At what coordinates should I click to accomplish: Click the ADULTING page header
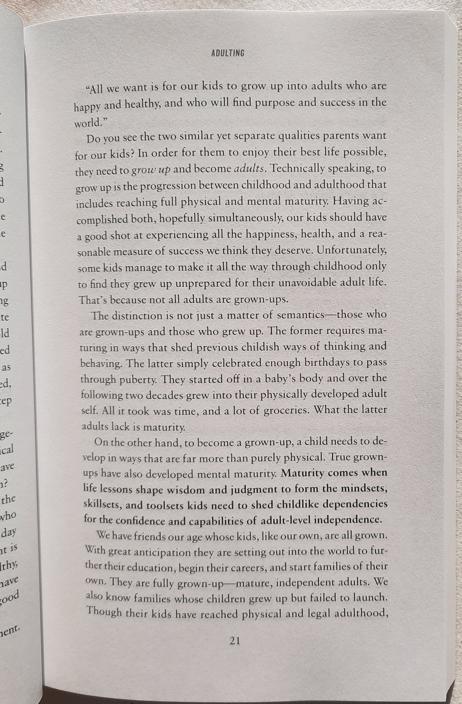coord(228,53)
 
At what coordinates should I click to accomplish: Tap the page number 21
coord(234,640)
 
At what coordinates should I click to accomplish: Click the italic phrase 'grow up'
coord(151,170)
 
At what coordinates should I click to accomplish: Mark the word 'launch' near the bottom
coord(372,598)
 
